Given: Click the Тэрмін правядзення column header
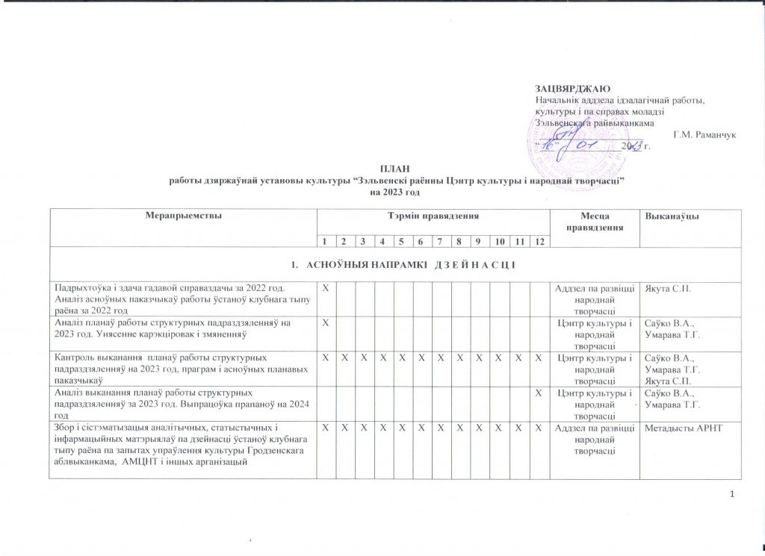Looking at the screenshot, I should pyautogui.click(x=432, y=216).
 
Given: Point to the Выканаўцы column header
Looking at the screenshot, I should pyautogui.click(x=659, y=216).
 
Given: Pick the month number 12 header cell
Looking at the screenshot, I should pyautogui.click(x=538, y=241).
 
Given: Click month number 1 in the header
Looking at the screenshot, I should pyautogui.click(x=324, y=241).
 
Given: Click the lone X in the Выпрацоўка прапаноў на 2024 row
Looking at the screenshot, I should pyautogui.click(x=538, y=391).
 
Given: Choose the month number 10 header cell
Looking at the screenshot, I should pyautogui.click(x=499, y=241).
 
